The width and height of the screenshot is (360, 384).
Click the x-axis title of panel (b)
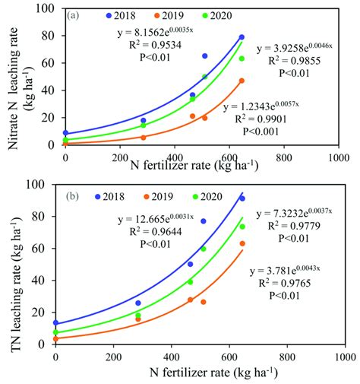[185, 373]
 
